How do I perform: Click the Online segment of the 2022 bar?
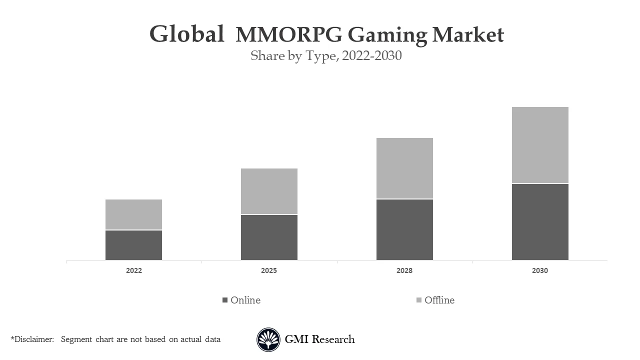pyautogui.click(x=133, y=245)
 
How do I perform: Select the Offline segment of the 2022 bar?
pyautogui.click(x=133, y=214)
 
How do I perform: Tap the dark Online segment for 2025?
pyautogui.click(x=269, y=237)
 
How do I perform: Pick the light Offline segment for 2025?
pyautogui.click(x=269, y=191)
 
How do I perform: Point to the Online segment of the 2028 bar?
pyautogui.click(x=404, y=229)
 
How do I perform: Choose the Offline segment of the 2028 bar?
pyautogui.click(x=404, y=168)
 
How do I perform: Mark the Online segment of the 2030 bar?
pyautogui.click(x=540, y=222)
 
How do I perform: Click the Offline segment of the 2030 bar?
pyautogui.click(x=540, y=145)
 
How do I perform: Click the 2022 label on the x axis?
pyautogui.click(x=133, y=270)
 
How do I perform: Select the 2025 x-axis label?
pyautogui.click(x=269, y=270)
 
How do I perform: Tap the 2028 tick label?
pyautogui.click(x=404, y=270)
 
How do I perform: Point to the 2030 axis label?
pyautogui.click(x=540, y=270)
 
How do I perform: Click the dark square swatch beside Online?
pyautogui.click(x=225, y=300)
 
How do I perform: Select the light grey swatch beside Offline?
pyautogui.click(x=419, y=300)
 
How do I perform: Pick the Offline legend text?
pyautogui.click(x=439, y=300)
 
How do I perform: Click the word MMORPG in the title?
pyautogui.click(x=289, y=35)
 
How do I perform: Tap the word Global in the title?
pyautogui.click(x=186, y=34)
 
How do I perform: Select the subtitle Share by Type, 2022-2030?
pyautogui.click(x=326, y=55)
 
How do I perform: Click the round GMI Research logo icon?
pyautogui.click(x=268, y=339)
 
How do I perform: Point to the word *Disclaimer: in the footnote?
pyautogui.click(x=32, y=339)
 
